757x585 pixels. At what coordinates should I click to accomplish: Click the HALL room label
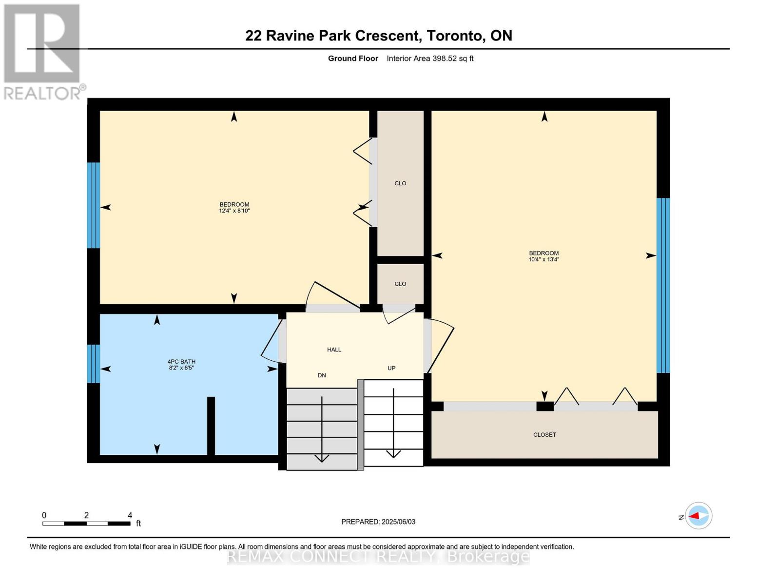[x=334, y=350]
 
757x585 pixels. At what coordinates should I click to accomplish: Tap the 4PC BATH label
[x=181, y=362]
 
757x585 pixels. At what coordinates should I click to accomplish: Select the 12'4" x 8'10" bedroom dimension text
[x=234, y=211]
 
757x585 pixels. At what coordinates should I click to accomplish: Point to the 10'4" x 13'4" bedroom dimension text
[x=543, y=259]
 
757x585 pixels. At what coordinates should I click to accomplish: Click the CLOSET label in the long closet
[x=544, y=435]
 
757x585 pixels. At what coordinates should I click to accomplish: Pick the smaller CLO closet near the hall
[x=400, y=284]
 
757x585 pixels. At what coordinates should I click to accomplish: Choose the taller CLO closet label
[x=400, y=183]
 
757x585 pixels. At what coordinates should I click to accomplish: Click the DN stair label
[x=322, y=375]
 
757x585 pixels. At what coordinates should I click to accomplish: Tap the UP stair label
[x=391, y=368]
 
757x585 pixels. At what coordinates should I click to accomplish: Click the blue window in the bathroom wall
[x=94, y=364]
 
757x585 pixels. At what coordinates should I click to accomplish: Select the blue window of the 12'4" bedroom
[x=94, y=205]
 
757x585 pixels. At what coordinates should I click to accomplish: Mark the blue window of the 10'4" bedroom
[x=663, y=285]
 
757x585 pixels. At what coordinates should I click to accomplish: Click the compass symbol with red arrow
[x=699, y=516]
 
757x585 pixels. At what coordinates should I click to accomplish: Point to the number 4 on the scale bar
[x=130, y=515]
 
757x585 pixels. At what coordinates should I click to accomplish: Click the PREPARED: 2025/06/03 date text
[x=378, y=522]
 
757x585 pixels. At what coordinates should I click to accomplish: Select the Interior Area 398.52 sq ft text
[x=430, y=58]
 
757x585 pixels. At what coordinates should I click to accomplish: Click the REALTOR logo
[x=43, y=51]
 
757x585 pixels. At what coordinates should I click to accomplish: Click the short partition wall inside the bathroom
[x=211, y=426]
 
